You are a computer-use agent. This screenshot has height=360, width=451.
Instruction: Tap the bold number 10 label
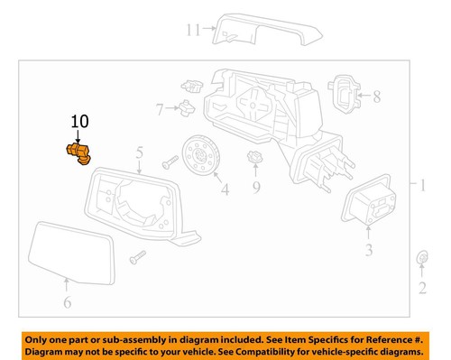[x=79, y=121]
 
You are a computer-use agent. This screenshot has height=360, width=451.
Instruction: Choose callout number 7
[x=160, y=109]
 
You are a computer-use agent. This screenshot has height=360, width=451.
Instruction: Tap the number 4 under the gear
[x=225, y=189]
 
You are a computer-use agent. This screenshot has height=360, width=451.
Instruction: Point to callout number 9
[x=255, y=188]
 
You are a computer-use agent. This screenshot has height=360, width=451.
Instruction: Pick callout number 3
[x=367, y=249]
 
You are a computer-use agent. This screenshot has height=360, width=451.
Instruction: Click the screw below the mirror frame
[x=136, y=257]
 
